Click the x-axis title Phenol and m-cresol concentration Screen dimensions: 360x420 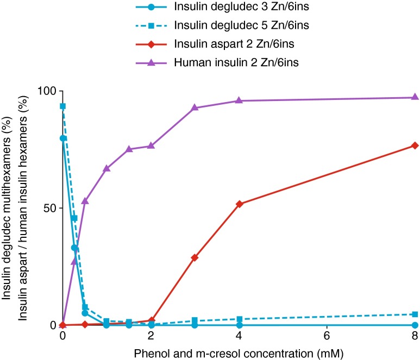(239, 353)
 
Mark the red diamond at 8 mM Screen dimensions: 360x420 (415, 146)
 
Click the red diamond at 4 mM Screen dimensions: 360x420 (239, 204)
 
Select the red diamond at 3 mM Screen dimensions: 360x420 (195, 257)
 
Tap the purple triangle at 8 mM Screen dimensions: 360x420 (415, 97)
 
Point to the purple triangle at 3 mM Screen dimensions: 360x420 (195, 108)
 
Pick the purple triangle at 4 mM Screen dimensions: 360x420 (239, 100)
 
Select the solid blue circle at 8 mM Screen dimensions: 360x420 (415, 325)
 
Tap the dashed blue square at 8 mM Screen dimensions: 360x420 (415, 314)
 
